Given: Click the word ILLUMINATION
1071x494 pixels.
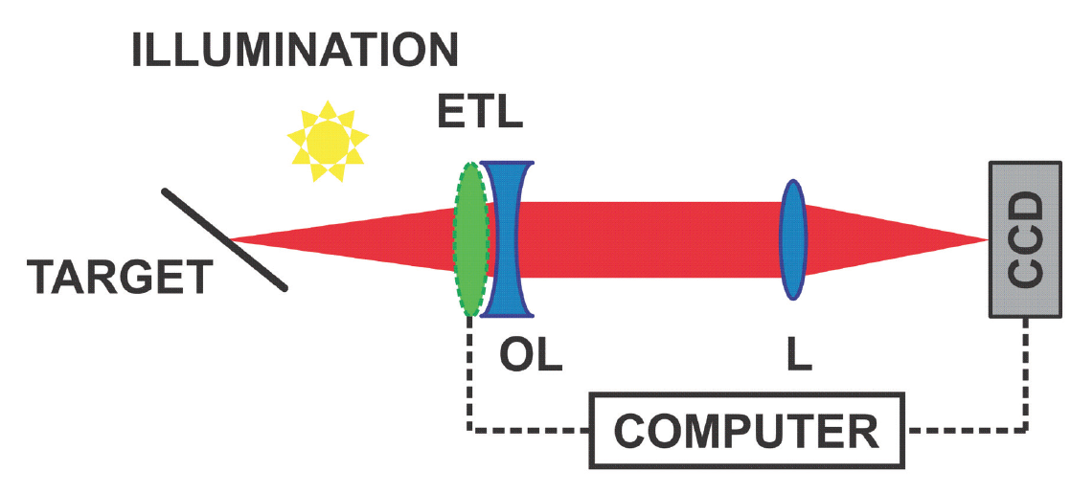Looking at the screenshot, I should (295, 51).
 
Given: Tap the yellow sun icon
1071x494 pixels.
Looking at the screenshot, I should (327, 141).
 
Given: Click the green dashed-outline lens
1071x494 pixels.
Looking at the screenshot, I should (468, 239).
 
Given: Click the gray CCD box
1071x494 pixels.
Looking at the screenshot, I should (1025, 239).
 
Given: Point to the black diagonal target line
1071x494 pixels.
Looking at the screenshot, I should (223, 239).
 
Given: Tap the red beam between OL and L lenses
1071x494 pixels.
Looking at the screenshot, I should (651, 239).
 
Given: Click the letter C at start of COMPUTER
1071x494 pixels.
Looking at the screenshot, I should (631, 431).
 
